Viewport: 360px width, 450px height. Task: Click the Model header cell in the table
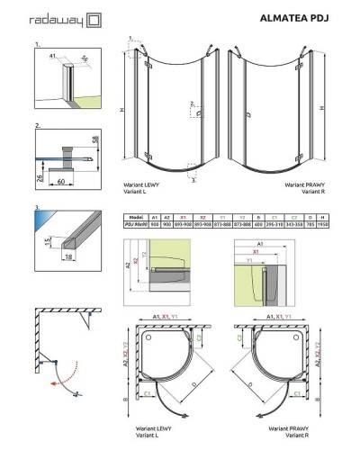pyautogui.click(x=138, y=217)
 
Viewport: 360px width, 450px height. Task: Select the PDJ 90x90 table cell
pyautogui.click(x=138, y=225)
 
